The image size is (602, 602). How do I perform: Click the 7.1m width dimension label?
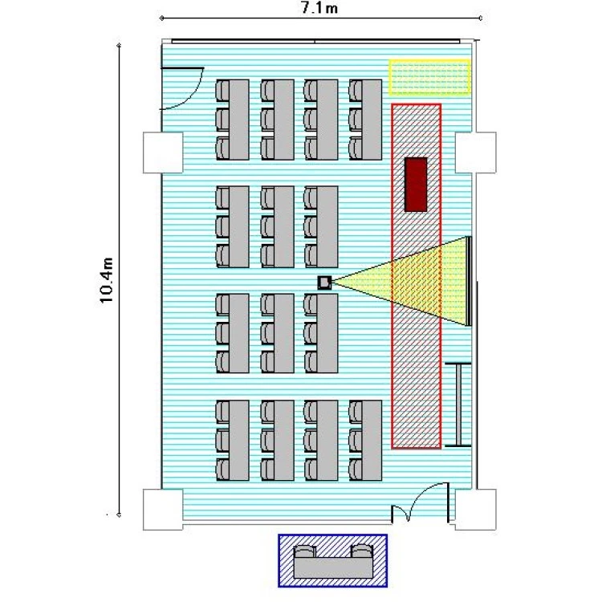(319, 8)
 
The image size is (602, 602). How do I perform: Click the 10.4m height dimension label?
(106, 281)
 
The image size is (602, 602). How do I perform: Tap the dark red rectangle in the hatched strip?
(416, 185)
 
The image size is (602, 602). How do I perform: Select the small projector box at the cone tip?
(324, 283)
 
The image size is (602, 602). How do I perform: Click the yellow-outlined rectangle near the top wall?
(430, 77)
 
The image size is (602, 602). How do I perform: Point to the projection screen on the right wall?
(469, 281)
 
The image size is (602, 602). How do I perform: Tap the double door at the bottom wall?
(420, 502)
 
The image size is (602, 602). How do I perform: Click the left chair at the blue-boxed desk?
(305, 551)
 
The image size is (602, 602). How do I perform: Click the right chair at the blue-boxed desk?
(362, 551)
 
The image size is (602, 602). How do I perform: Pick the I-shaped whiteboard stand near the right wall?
(458, 405)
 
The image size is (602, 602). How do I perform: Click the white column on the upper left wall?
(163, 153)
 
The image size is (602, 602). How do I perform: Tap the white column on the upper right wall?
(476, 153)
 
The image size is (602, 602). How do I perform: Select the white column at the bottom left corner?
(163, 510)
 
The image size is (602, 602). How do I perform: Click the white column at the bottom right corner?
(476, 510)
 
